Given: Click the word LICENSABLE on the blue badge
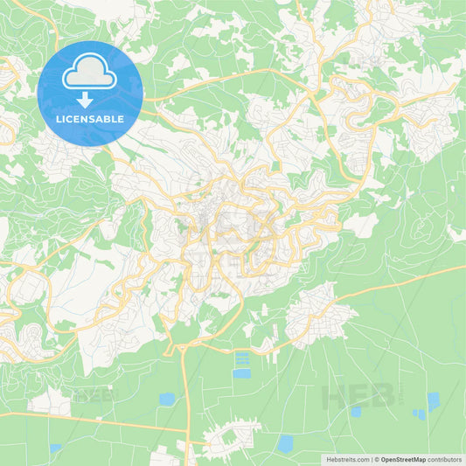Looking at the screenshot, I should tap(90, 118).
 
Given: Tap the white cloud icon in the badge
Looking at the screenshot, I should tap(89, 73).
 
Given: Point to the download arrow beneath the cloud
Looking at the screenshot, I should tap(85, 100).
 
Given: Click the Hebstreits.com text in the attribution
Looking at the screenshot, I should tap(344, 458).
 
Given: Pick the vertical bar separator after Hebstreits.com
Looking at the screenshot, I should tap(372, 458).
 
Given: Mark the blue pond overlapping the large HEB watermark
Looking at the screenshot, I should tap(355, 412).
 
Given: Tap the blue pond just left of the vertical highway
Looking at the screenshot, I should tap(166, 400).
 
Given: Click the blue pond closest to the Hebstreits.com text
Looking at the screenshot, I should tap(284, 443).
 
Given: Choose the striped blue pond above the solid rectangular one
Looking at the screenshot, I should tap(241, 359).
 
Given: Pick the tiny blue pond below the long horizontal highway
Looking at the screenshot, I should tap(56, 449).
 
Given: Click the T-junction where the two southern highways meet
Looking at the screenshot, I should tap(186, 430).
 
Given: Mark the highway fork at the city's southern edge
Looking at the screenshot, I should tap(182, 348).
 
